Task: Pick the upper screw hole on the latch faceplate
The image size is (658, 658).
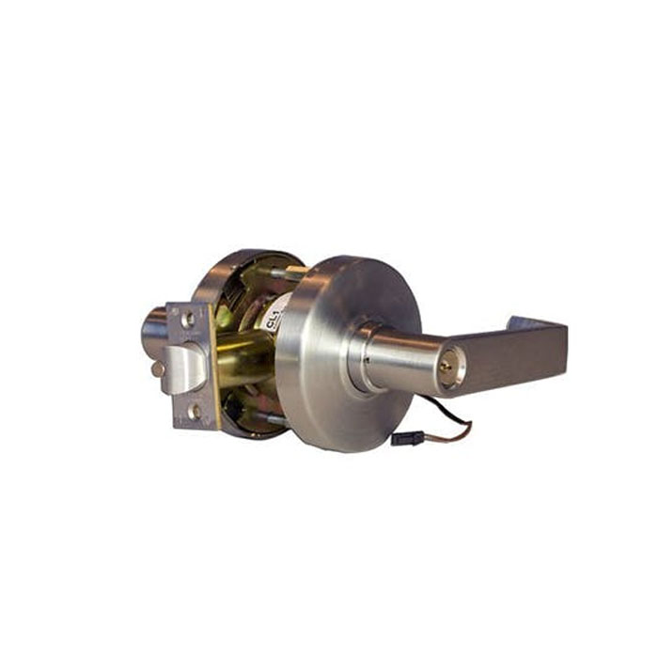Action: tap(188, 320)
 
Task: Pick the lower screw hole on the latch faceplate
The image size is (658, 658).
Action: tap(194, 411)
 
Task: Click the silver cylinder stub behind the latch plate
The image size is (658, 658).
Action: tap(153, 329)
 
